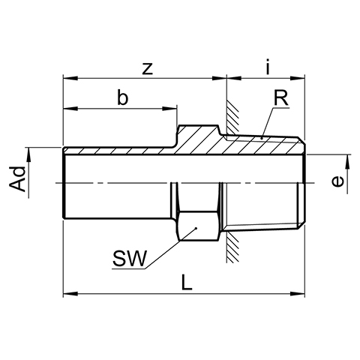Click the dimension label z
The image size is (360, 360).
tap(148, 69)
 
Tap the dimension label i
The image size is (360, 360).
tap(268, 67)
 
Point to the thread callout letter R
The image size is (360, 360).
tap(281, 98)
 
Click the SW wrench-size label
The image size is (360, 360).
tap(129, 258)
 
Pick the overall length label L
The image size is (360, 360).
tap(187, 282)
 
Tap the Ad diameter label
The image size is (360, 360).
tap(17, 179)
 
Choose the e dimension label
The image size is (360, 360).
tap(337, 181)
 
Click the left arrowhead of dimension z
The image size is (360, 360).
tap(70, 78)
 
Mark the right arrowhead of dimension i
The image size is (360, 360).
tap(298, 78)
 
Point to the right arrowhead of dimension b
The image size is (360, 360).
tap(169, 109)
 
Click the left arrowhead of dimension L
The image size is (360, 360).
tap(70, 293)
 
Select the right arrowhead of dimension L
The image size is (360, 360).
tap(298, 293)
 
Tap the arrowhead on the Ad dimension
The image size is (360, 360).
tap(28, 155)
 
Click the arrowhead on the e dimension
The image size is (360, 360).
tap(347, 162)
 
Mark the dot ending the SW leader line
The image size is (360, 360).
tap(196, 228)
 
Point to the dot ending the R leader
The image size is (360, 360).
tap(262, 138)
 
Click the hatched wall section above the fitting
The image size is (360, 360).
tap(232, 116)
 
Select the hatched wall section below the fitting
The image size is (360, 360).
tap(232, 247)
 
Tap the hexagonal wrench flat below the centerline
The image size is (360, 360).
tap(198, 226)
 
